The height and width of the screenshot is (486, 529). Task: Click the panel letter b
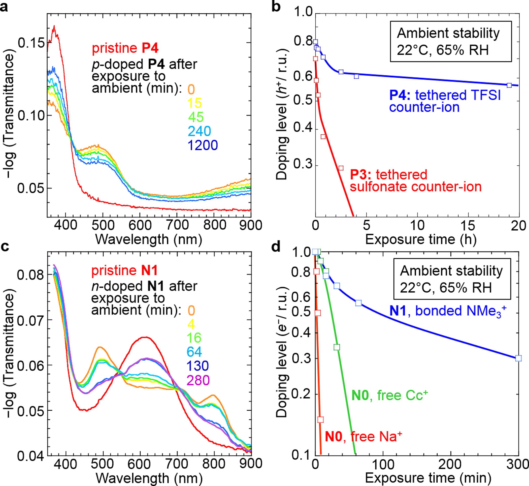276,6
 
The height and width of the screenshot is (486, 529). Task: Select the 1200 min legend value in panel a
203,145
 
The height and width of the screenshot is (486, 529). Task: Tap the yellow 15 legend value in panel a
194,103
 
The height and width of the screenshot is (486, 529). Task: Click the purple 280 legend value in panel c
198,380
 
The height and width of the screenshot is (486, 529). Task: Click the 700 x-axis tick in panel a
177,225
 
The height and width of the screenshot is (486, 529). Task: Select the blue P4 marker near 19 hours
509,85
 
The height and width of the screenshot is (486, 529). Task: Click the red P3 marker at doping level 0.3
341,168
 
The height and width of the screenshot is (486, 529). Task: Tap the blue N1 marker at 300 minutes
518,358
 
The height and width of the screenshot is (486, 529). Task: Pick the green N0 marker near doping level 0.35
337,347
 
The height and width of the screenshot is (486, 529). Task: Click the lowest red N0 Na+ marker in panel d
320,420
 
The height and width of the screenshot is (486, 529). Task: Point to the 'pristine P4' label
125,48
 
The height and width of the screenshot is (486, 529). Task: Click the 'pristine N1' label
124,271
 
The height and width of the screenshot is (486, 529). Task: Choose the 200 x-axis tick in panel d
451,464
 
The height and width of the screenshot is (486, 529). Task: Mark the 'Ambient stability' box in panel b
451,42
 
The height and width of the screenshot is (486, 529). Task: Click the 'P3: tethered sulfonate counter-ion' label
415,181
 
